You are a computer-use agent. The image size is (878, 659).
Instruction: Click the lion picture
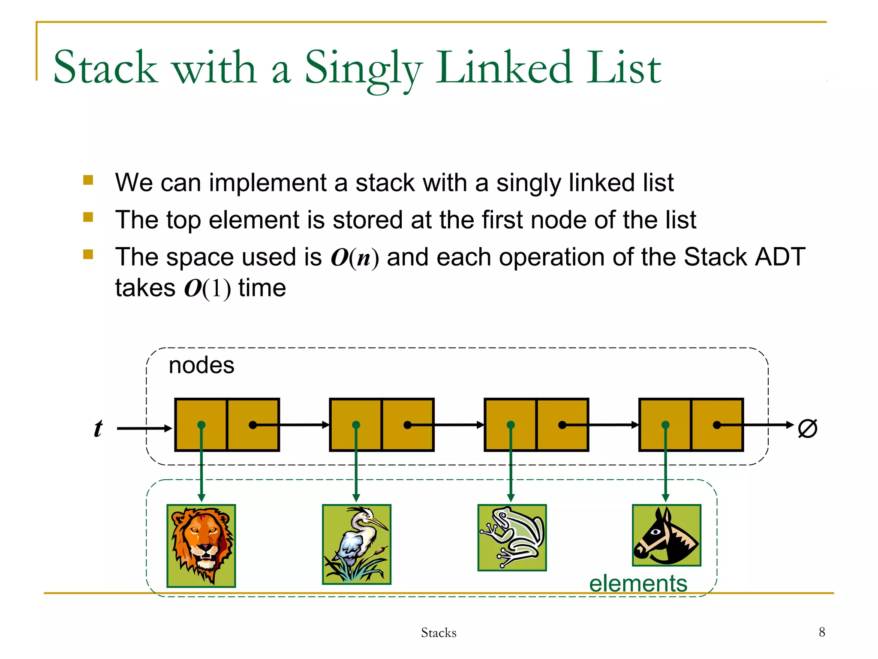(201, 545)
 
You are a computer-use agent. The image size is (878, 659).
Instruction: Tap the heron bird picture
(356, 544)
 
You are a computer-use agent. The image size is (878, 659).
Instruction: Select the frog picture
(512, 538)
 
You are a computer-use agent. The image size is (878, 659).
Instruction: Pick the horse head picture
(666, 535)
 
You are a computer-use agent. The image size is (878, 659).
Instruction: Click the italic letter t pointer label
(98, 428)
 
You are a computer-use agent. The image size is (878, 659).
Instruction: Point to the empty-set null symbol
(807, 428)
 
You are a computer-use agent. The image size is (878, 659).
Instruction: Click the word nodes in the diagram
(201, 366)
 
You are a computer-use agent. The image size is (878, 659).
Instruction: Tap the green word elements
(638, 584)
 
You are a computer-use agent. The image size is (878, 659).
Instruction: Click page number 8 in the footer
(821, 632)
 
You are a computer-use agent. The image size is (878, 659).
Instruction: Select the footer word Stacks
(439, 632)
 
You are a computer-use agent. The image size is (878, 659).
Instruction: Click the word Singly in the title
(364, 69)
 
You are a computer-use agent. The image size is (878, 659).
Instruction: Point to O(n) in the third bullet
(355, 257)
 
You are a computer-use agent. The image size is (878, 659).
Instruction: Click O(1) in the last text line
(207, 288)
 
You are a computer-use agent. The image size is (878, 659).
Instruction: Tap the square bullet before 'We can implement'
(88, 180)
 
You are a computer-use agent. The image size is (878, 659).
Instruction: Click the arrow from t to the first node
(144, 428)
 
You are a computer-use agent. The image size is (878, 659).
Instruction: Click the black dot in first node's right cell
(253, 425)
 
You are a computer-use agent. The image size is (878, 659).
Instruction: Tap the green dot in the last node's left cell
(665, 425)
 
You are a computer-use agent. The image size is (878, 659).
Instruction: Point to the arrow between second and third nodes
(454, 425)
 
